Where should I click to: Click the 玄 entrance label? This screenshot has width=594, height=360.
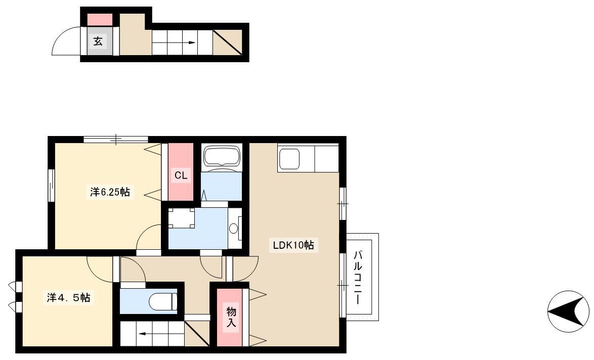pyautogui.click(x=98, y=40)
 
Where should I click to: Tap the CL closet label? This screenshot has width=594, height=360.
pyautogui.click(x=181, y=175)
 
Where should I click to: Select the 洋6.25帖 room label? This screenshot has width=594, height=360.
pyautogui.click(x=110, y=192)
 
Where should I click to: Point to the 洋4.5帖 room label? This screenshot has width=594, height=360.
pyautogui.click(x=69, y=297)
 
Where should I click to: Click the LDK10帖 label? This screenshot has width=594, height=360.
pyautogui.click(x=293, y=245)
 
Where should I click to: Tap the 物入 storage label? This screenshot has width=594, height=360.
pyautogui.click(x=231, y=317)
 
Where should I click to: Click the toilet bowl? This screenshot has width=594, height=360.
pyautogui.click(x=163, y=302)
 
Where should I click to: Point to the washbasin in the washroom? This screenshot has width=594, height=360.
pyautogui.click(x=234, y=228)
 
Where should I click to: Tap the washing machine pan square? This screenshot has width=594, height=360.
pyautogui.click(x=182, y=218)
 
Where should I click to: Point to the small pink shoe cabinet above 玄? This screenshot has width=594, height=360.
pyautogui.click(x=100, y=20)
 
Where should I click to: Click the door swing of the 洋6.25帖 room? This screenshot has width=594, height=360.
pyautogui.click(x=149, y=237)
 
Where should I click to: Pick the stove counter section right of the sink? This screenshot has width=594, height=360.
pyautogui.click(x=326, y=159)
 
